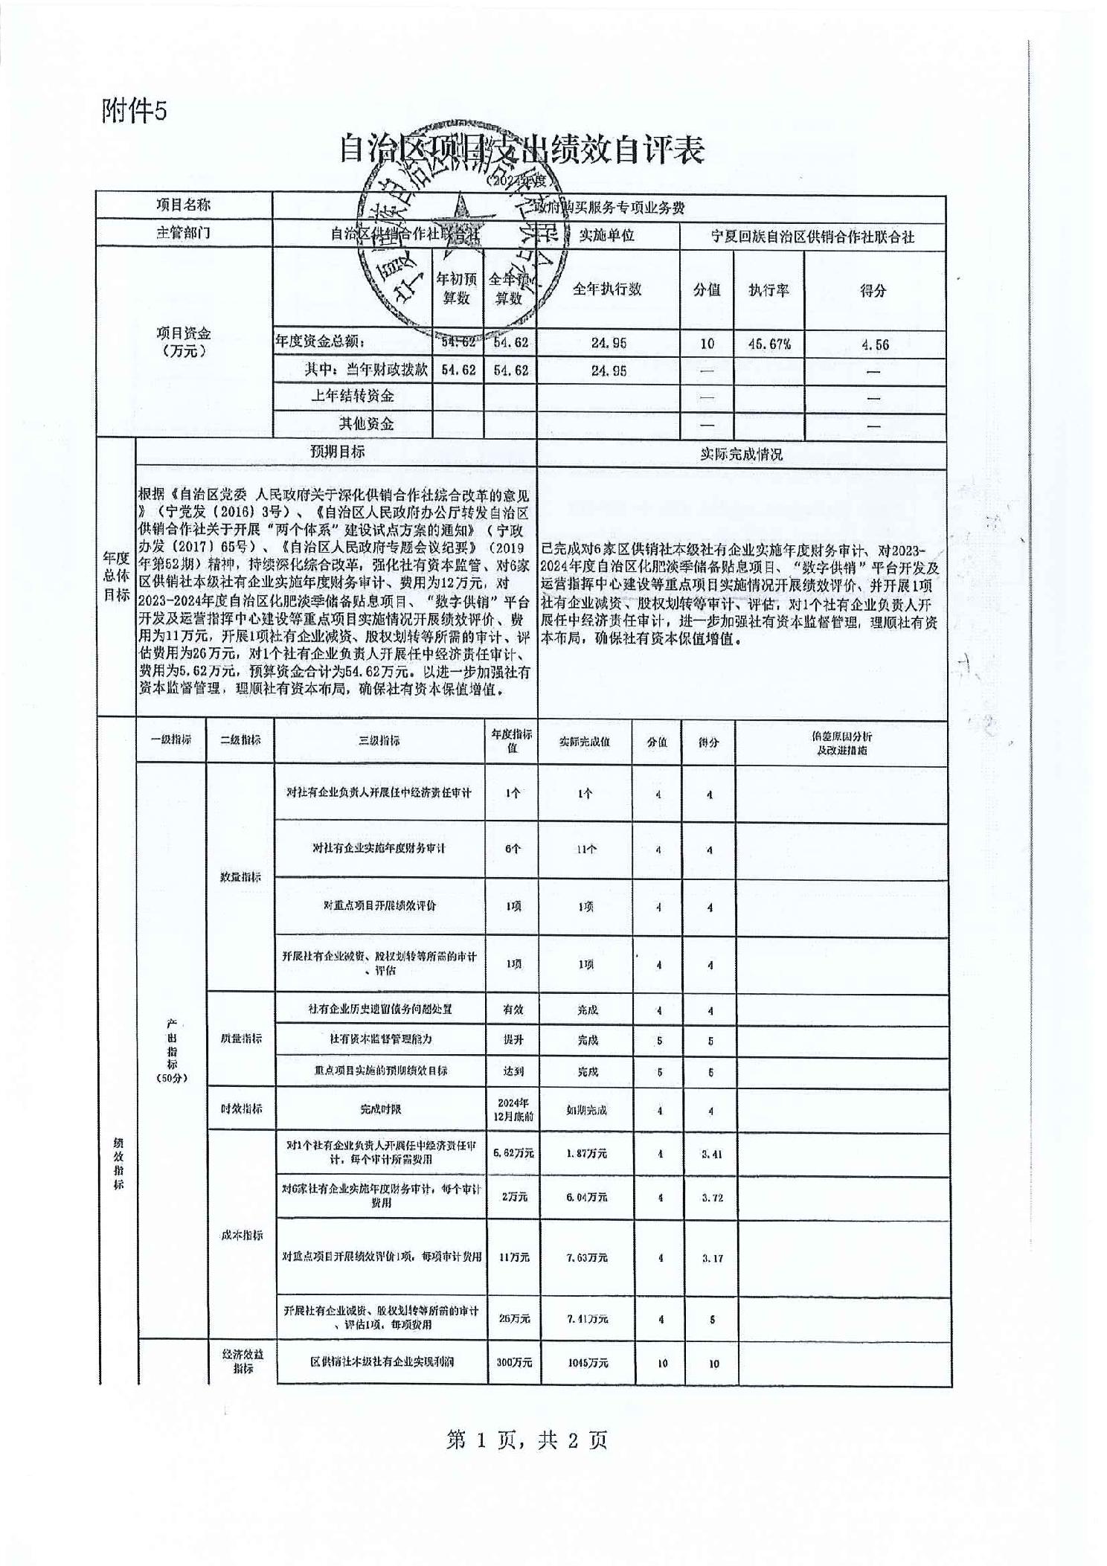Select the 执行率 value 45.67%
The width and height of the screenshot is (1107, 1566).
[x=769, y=344]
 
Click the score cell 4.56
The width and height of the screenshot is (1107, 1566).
[x=873, y=344]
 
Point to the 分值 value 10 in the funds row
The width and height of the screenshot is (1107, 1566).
[x=706, y=344]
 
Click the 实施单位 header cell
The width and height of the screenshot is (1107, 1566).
[x=606, y=236]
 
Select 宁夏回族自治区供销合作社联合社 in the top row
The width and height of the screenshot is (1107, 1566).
[x=812, y=237]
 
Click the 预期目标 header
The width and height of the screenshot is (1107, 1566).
[x=336, y=452]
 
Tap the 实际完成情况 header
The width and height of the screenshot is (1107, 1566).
[x=741, y=454]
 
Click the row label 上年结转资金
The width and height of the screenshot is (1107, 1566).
[x=353, y=396]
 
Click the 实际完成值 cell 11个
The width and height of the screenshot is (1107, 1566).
[x=585, y=849]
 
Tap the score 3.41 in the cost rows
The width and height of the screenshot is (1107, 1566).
[x=712, y=1155]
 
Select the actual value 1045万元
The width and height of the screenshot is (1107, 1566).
[x=587, y=1363]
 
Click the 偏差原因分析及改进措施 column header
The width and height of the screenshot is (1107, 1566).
[x=841, y=742]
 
